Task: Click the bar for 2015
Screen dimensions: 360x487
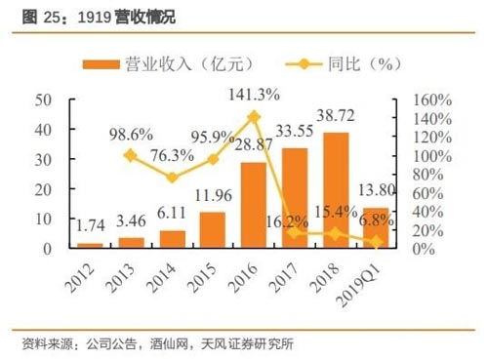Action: click(212, 230)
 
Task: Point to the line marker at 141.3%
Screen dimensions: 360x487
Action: click(254, 117)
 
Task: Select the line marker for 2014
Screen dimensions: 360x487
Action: click(172, 178)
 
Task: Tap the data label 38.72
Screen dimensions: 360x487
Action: click(335, 114)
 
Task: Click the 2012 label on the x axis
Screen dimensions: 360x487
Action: click(85, 277)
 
